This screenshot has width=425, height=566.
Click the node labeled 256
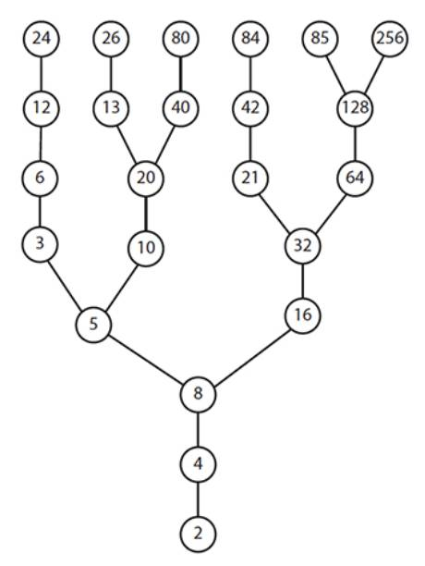click(390, 39)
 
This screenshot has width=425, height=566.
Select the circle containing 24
click(42, 39)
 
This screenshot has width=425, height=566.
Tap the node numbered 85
click(320, 39)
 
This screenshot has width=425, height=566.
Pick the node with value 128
click(355, 108)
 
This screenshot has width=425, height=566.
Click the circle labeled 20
click(146, 178)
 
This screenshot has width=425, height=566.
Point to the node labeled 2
click(198, 534)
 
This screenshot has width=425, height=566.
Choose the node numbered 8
click(198, 394)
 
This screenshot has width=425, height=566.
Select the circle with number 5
click(93, 325)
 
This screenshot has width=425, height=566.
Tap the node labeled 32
click(302, 246)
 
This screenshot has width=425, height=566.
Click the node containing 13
click(111, 108)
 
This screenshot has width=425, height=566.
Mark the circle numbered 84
click(250, 39)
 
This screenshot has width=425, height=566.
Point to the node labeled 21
click(250, 178)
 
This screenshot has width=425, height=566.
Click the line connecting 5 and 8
click(146, 359)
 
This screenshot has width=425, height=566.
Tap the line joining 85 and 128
click(337, 73)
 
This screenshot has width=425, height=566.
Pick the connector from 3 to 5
click(67, 285)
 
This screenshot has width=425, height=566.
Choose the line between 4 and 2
click(198, 498)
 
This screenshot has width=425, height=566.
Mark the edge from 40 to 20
click(164, 143)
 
